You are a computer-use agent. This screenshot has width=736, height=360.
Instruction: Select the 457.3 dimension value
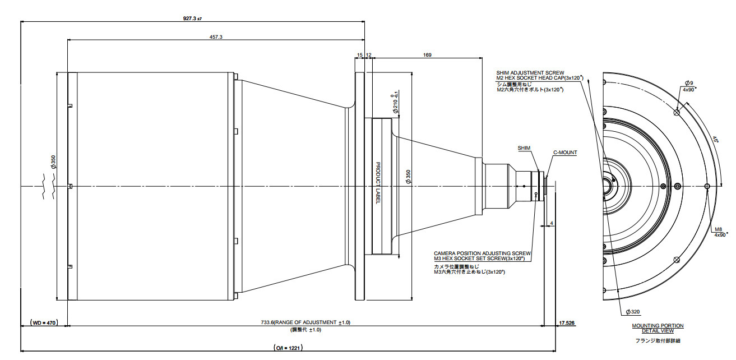(215, 36)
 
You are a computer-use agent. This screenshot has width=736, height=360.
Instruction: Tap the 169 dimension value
(427, 55)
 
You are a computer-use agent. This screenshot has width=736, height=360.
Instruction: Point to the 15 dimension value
(359, 55)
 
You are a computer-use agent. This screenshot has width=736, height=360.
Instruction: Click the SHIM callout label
(524, 148)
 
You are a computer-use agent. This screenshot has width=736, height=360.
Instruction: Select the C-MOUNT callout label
(564, 153)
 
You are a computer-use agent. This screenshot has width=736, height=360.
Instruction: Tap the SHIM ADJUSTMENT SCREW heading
(530, 73)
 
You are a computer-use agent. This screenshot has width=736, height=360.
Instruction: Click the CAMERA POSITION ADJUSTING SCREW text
(482, 253)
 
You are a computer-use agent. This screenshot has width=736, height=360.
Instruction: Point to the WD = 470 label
(44, 323)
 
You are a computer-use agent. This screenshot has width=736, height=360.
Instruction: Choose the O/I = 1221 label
(288, 348)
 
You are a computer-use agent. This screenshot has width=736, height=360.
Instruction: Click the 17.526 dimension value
(567, 323)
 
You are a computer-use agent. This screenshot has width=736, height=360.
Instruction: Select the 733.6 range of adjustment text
(305, 323)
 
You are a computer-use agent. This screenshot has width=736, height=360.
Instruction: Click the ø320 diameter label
(633, 312)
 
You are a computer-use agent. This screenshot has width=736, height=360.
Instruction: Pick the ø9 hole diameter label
(688, 82)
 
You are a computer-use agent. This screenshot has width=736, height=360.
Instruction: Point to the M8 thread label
(718, 229)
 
